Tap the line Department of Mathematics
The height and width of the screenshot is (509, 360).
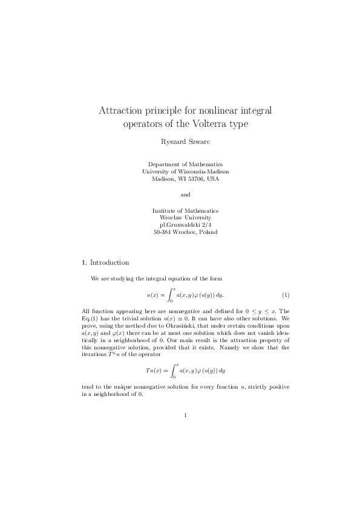tap(185, 164)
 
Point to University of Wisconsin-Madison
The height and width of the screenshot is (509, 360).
tap(185, 171)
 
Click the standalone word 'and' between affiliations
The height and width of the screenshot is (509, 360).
tap(185, 195)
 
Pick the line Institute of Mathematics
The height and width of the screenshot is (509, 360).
tap(185, 210)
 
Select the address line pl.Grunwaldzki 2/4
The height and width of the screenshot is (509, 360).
tap(185, 224)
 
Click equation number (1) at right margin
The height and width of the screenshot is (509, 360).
tap(286, 295)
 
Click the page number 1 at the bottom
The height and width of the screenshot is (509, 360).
tap(185, 415)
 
